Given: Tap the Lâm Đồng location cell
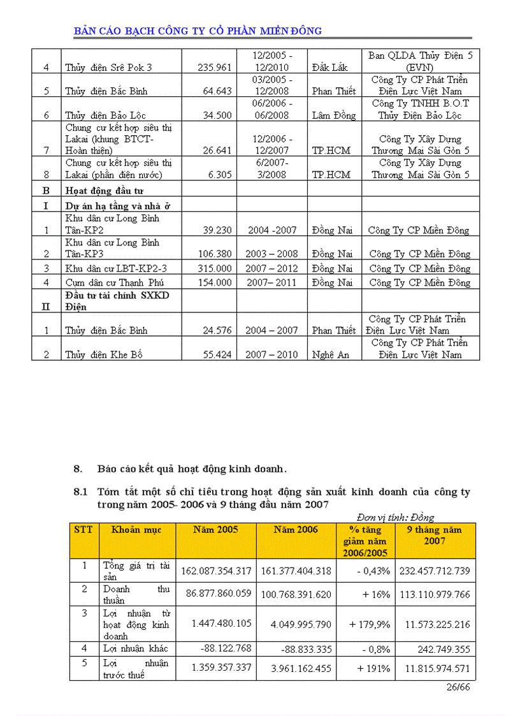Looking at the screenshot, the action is tap(334, 115).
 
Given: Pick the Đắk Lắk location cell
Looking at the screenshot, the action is tap(330, 68).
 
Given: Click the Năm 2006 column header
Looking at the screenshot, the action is tap(296, 530).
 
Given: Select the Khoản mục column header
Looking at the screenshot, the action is tap(136, 530).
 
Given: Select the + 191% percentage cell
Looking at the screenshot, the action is tap(370, 668).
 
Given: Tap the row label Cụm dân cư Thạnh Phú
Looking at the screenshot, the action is tap(112, 282).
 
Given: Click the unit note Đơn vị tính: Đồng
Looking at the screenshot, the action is tap(395, 517).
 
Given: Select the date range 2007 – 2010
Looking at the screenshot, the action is tap(272, 354).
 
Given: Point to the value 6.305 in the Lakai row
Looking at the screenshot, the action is tap(219, 175).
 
